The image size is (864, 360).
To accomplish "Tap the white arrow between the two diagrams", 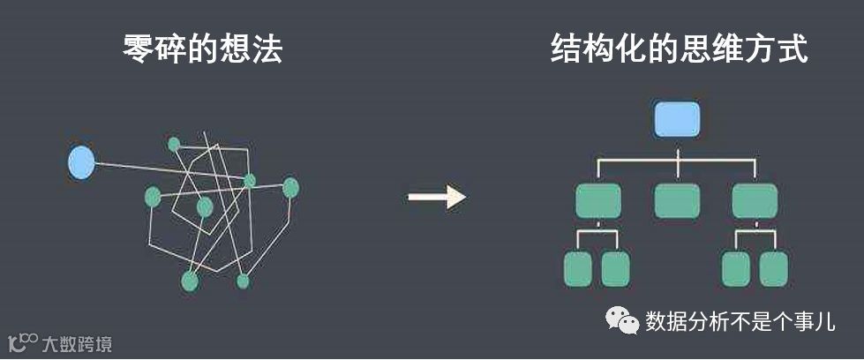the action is pos(436,196).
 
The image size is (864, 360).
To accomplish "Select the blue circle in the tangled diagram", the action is pos(81,162).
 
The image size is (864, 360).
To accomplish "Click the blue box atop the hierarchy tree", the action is pos(677,119).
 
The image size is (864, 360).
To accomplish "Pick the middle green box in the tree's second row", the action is pos(677,201).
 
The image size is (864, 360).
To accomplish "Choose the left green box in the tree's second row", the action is pos(597,201).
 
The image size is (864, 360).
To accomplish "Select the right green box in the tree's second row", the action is pos(755,201).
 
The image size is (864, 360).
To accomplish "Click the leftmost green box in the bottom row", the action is pos(577,268).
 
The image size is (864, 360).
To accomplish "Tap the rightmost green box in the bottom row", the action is pos(773,268).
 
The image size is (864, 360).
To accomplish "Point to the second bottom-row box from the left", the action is pos(615,268).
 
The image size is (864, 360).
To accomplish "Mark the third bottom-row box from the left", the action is pos(735,268).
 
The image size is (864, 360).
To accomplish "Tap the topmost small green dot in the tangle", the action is pos(174,144).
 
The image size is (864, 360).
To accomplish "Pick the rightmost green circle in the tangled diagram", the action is pos(290,187).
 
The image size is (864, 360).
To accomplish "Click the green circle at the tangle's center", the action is pos(205,207).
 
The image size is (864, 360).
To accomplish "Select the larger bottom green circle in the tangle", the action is pos(189,281).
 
